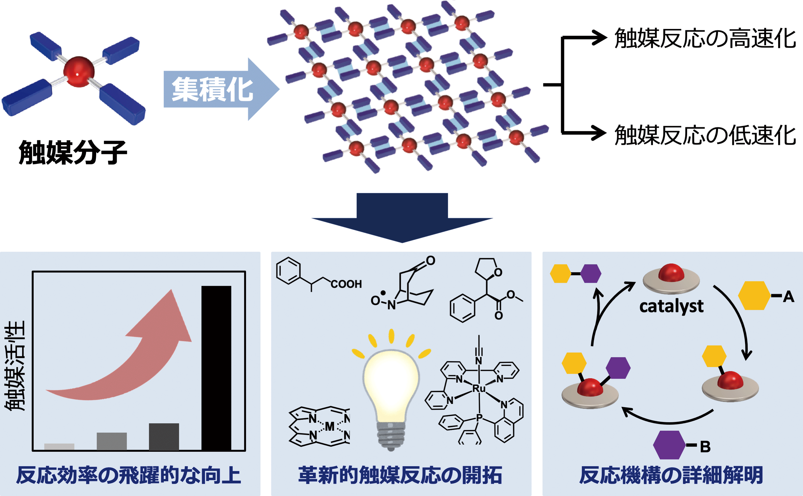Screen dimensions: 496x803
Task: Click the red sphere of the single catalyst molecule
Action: [x=79, y=72]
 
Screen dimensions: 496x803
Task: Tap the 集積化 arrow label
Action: [x=212, y=89]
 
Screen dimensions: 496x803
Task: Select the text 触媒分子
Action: [x=73, y=152]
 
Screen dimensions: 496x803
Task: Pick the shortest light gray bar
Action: [x=59, y=447]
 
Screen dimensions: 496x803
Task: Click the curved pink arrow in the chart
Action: [x=131, y=361]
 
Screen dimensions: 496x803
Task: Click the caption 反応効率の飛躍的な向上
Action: [x=129, y=475]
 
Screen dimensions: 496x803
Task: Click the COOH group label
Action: [x=346, y=284]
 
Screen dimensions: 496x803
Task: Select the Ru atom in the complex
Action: [x=478, y=389]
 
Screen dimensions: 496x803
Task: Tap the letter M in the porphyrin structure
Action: [x=329, y=427]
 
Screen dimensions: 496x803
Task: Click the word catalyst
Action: [x=671, y=306]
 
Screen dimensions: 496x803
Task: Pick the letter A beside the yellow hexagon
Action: [x=788, y=297]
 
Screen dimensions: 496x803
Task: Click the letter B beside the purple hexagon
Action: [x=705, y=447]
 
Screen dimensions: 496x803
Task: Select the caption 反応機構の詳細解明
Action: [x=671, y=475]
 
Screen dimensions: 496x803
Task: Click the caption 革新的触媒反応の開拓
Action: [x=400, y=475]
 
